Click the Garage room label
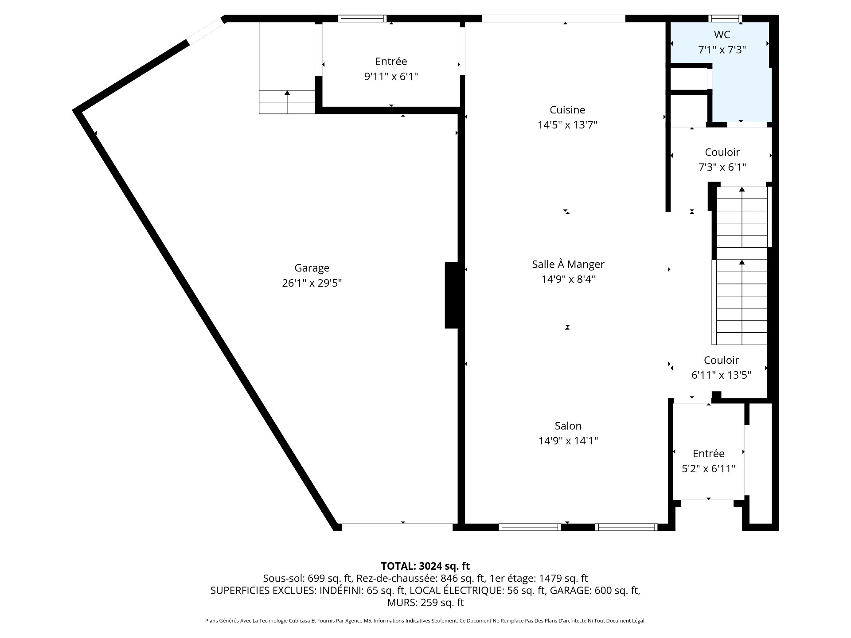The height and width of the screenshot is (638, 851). pyautogui.click(x=312, y=268)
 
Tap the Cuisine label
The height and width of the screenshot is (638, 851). pyautogui.click(x=567, y=110)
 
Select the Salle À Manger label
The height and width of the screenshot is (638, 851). pyautogui.click(x=568, y=264)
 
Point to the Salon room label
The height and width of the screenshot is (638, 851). pyautogui.click(x=568, y=426)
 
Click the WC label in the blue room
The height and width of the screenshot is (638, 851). pyautogui.click(x=722, y=35)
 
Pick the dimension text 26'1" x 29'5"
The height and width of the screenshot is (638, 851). pyautogui.click(x=312, y=283)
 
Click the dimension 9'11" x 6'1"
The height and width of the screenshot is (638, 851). pyautogui.click(x=391, y=77)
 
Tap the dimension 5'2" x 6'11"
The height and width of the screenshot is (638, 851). pyautogui.click(x=709, y=468)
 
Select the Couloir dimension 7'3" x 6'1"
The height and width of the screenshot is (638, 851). pyautogui.click(x=722, y=167)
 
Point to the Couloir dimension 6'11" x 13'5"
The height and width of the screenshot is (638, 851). pyautogui.click(x=722, y=375)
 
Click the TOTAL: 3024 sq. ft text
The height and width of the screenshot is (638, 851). pyautogui.click(x=425, y=566)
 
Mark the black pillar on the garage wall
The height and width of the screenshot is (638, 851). pyautogui.click(x=452, y=295)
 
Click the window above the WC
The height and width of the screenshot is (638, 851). pyautogui.click(x=725, y=18)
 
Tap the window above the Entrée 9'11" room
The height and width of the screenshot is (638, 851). pyautogui.click(x=362, y=18)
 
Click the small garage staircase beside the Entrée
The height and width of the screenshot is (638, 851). pyautogui.click(x=287, y=102)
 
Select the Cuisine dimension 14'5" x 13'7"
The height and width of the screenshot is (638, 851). pyautogui.click(x=568, y=125)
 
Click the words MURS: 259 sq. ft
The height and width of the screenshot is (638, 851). pyautogui.click(x=425, y=603)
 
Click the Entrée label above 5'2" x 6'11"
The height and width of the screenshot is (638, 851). pyautogui.click(x=709, y=453)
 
